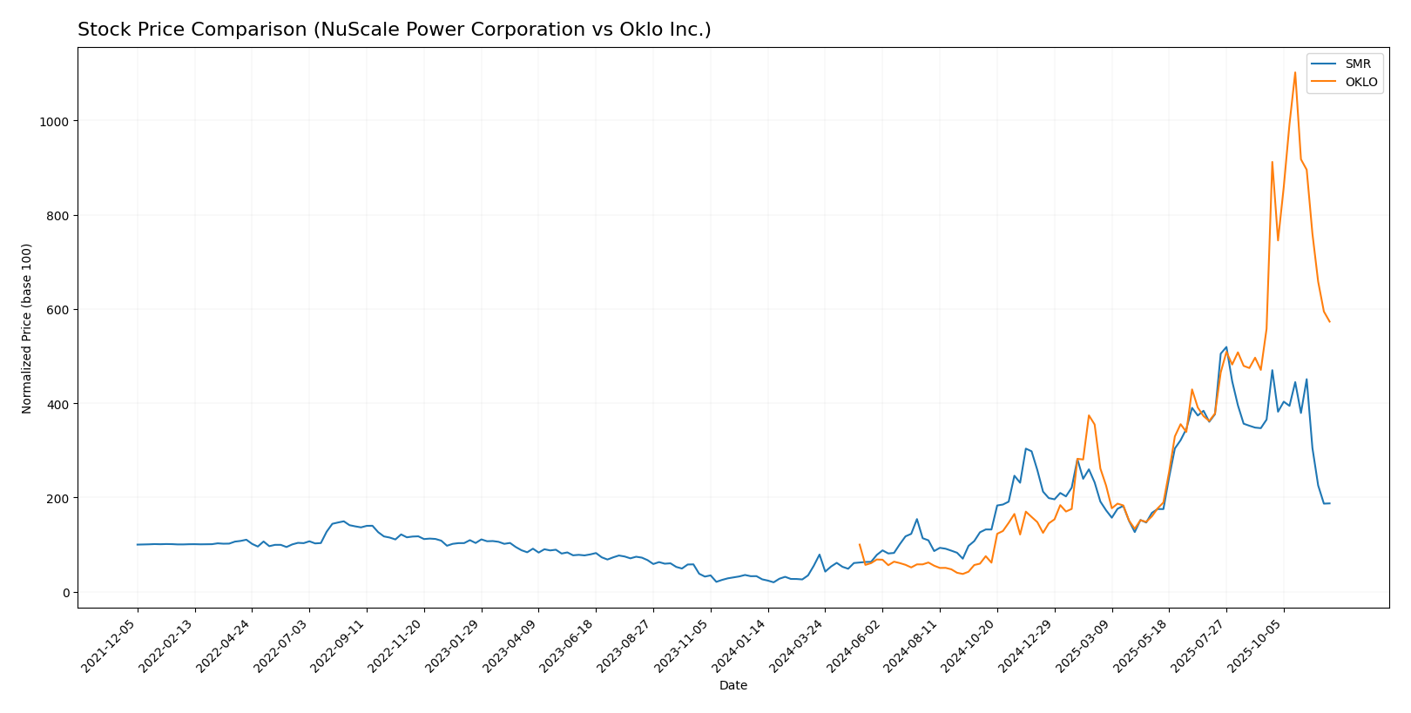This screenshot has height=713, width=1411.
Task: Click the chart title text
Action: click(394, 30)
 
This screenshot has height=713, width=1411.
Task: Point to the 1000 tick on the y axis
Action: click(57, 121)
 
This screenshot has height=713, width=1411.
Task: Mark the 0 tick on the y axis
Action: click(66, 593)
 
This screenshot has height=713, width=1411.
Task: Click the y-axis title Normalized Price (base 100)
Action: click(27, 328)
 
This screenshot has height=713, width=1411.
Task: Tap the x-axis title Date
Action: click(733, 686)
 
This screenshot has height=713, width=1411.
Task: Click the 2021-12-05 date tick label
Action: click(110, 645)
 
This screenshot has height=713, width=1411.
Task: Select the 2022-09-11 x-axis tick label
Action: click(339, 645)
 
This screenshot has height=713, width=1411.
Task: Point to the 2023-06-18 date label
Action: click(568, 645)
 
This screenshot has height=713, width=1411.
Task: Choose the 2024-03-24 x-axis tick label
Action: click(797, 645)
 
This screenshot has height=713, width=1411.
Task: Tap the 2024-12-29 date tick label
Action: click(1026, 645)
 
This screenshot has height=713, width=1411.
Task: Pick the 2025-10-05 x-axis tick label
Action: click(1255, 645)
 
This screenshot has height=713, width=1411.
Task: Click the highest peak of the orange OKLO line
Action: click(1294, 72)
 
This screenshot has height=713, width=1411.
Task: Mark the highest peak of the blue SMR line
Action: click(1226, 347)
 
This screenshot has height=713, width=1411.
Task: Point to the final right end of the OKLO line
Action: click(1329, 322)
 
